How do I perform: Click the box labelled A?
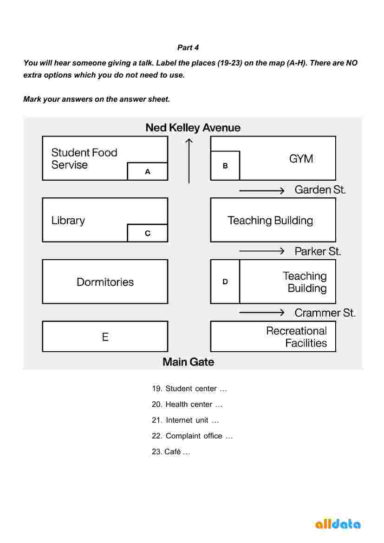147,171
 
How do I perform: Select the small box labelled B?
225,165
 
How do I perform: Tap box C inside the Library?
147,233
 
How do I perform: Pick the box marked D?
225,281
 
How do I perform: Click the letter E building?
105,337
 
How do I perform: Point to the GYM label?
301,159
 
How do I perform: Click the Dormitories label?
105,282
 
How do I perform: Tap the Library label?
68,220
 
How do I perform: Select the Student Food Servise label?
84,158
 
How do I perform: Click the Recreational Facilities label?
296,337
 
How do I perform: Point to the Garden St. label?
320,190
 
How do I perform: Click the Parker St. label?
318,251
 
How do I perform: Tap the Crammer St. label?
325,313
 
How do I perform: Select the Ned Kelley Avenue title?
193,128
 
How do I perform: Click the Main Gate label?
188,362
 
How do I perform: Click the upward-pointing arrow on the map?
189,160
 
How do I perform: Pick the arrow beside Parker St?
261,251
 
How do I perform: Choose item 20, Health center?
187,405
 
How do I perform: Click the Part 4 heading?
188,48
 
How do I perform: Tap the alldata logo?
338,524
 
